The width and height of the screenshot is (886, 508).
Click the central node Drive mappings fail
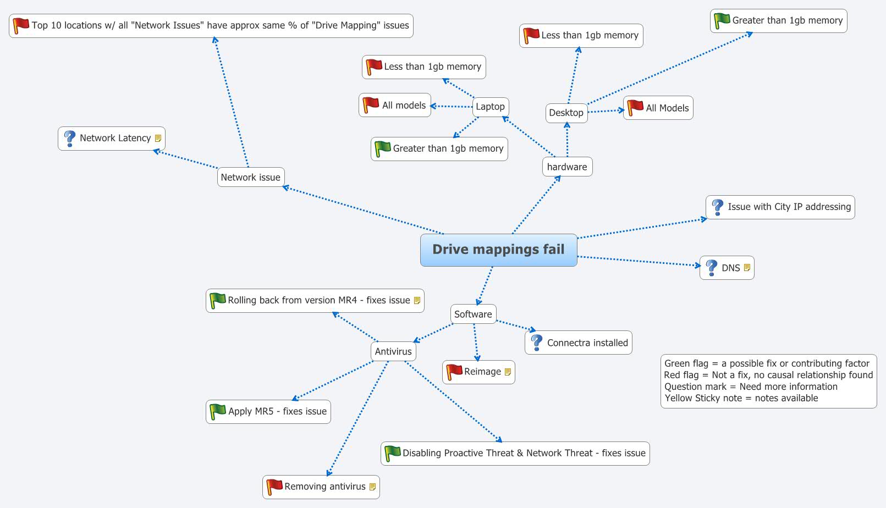[498, 250]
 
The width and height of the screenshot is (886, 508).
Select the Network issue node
[250, 177]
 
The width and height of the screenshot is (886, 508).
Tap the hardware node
[567, 167]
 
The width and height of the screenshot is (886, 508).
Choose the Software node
[473, 314]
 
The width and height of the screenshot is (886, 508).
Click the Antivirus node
[393, 351]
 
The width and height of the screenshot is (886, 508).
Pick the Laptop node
[490, 107]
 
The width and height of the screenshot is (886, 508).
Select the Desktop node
[566, 113]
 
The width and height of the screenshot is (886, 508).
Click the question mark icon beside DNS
[712, 268]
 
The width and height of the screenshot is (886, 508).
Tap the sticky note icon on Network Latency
[158, 139]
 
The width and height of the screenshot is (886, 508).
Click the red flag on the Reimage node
[454, 372]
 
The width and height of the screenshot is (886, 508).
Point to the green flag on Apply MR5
[218, 411]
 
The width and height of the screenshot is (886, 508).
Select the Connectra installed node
[587, 343]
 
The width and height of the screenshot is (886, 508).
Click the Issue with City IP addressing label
[789, 207]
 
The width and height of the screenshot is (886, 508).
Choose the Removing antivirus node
[324, 487]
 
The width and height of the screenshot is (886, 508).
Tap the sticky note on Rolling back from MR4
[417, 300]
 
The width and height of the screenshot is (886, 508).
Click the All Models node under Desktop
[667, 108]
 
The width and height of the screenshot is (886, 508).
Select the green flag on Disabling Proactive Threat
[393, 453]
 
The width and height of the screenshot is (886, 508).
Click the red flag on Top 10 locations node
[21, 25]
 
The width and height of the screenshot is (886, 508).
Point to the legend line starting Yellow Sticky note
[741, 398]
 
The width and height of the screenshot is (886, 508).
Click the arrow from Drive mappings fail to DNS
[638, 261]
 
